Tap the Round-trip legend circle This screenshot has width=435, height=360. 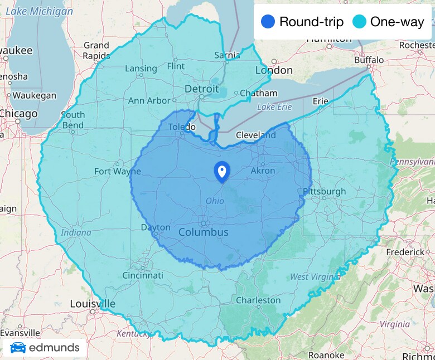268,22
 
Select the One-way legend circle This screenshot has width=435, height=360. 360,22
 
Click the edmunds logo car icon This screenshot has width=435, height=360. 18,348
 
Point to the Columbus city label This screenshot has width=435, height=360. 203,232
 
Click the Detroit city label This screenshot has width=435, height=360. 201,89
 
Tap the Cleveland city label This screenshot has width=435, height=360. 255,135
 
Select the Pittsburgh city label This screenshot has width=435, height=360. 324,191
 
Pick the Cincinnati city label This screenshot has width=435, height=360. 143,275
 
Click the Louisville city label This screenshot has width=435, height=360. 93,304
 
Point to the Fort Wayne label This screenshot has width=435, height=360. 117,171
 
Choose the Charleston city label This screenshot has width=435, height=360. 258,300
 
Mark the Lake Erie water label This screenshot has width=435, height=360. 274,106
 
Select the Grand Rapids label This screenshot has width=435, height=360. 96,50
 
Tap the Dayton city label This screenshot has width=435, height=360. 155,227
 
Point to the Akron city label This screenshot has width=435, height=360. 263,171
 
